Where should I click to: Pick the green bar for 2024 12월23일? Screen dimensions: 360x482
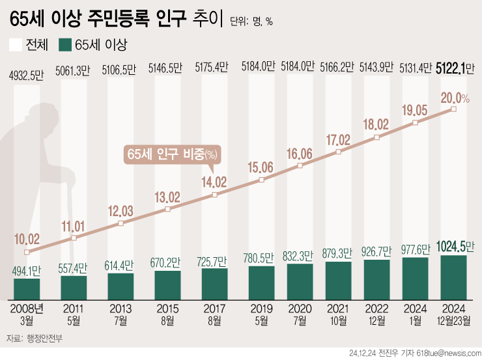coord(453,275)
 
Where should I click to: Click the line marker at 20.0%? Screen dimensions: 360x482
coord(453,109)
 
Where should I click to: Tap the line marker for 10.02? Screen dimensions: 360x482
coord(27,252)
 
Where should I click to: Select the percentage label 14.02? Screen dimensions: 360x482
coord(215,182)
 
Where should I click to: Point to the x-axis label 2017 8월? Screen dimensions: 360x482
coord(215,313)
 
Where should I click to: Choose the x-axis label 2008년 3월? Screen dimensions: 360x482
coord(27,313)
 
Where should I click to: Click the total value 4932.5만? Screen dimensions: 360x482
coord(27,74)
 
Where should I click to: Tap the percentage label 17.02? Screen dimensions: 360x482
coord(339,139)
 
